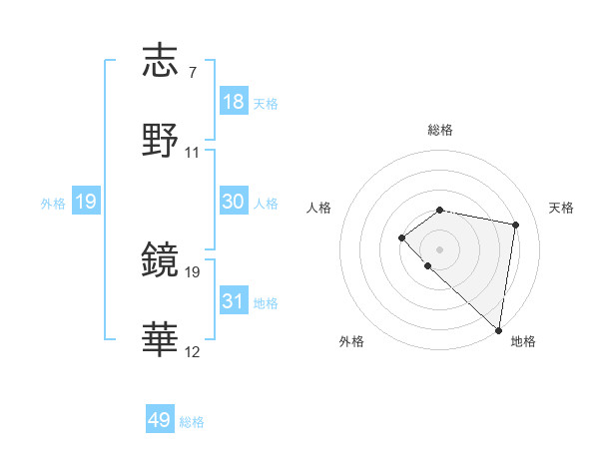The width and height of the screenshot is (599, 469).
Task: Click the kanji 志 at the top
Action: [x=161, y=63]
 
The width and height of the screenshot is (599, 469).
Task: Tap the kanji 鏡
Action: [x=161, y=260]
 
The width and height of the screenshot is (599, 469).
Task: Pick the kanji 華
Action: [x=161, y=338]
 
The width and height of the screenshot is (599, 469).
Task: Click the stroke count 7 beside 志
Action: [x=192, y=73]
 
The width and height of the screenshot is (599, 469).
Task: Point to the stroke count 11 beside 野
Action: [x=193, y=153]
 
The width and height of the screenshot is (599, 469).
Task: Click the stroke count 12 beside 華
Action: [x=193, y=352]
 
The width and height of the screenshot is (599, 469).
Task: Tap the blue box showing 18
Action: [x=234, y=102]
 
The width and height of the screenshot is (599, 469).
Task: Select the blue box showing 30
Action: [x=234, y=202]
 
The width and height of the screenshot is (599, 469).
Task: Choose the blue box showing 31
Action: [x=234, y=301]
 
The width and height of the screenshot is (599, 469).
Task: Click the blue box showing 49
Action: [x=160, y=420]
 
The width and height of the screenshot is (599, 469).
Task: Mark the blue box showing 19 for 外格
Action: [x=86, y=202]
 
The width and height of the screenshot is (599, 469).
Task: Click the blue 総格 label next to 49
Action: [x=192, y=422]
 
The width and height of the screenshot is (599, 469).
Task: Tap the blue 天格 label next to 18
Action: [x=266, y=104]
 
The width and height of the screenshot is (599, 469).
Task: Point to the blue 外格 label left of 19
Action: [x=53, y=204]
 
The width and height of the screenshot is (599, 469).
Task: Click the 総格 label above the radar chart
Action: [x=440, y=130]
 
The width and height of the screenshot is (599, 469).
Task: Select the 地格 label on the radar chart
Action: [x=523, y=341]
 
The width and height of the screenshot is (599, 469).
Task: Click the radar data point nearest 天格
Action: [x=516, y=225]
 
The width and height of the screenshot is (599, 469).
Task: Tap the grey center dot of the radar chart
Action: [x=440, y=248]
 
